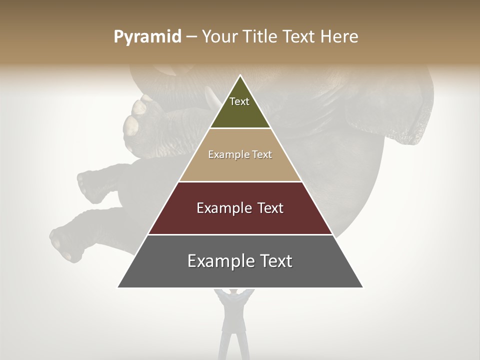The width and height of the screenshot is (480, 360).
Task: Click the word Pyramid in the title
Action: point(147,37)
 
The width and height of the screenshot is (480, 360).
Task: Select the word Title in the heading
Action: point(263,37)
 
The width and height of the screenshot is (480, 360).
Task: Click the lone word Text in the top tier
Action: point(239,101)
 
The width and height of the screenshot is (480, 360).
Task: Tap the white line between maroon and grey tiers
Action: point(240,234)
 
